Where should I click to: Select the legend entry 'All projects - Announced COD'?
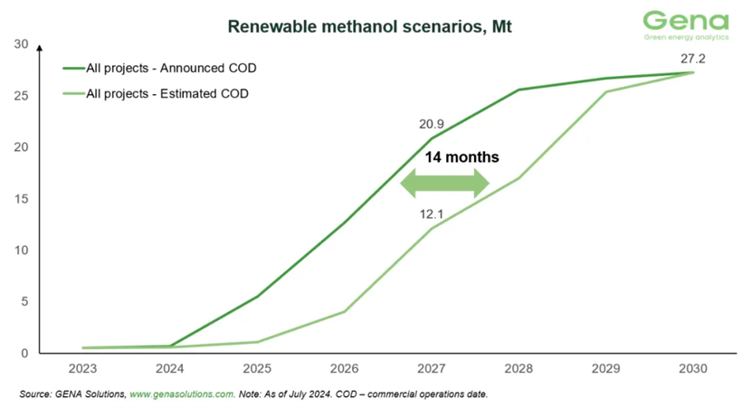[x=165, y=68]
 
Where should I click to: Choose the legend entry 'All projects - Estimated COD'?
[x=165, y=93]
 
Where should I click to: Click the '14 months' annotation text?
[x=462, y=157]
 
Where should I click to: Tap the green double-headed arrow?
[x=444, y=184]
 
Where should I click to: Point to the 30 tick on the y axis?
[x=22, y=44]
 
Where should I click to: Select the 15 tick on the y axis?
[x=22, y=199]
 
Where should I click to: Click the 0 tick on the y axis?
[x=25, y=353]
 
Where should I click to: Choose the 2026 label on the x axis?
[x=345, y=370]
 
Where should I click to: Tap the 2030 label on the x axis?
[x=692, y=370]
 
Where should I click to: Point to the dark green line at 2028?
[x=519, y=90]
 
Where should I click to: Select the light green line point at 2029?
[x=605, y=92]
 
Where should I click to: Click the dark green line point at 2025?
[x=258, y=297]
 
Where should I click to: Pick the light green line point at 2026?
[x=345, y=311]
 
